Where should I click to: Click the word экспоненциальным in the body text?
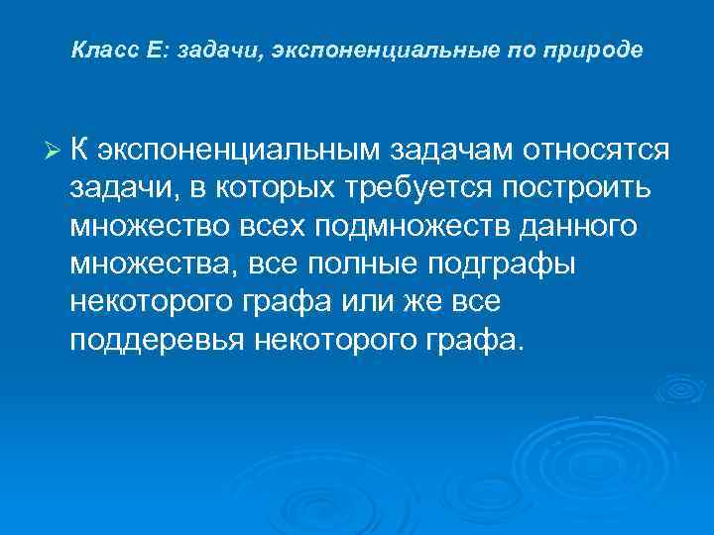240,151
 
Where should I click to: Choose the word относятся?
601,150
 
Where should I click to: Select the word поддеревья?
159,342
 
